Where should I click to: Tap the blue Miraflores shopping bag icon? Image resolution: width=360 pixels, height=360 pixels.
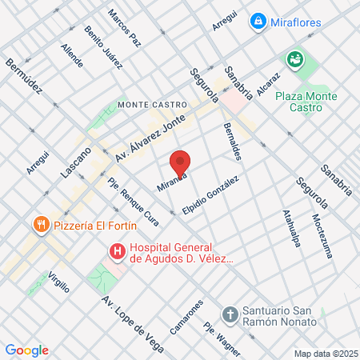[258, 21]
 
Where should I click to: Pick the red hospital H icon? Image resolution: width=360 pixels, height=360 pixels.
[117, 252]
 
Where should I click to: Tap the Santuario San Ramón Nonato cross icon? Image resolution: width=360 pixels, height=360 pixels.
[230, 312]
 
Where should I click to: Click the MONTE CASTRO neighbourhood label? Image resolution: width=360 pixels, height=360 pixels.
[152, 105]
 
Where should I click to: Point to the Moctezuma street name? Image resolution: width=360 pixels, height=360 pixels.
[318, 231]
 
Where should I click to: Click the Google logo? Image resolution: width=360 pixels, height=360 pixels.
[26, 350]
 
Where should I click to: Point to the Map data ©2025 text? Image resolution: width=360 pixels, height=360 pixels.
[326, 354]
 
